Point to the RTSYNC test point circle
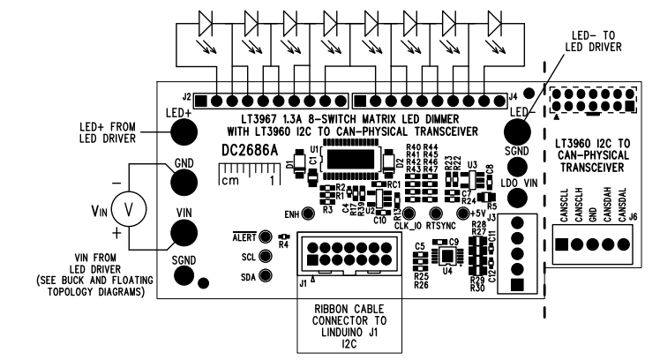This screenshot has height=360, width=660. point(434,214)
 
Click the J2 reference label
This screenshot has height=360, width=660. point(186,95)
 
